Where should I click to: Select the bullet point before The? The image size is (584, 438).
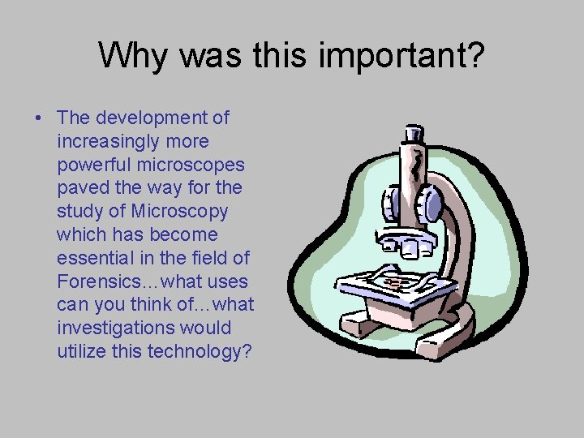pos(39,118)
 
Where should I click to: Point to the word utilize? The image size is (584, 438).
pos(81,352)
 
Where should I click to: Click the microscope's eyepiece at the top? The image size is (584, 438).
pos(413,135)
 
